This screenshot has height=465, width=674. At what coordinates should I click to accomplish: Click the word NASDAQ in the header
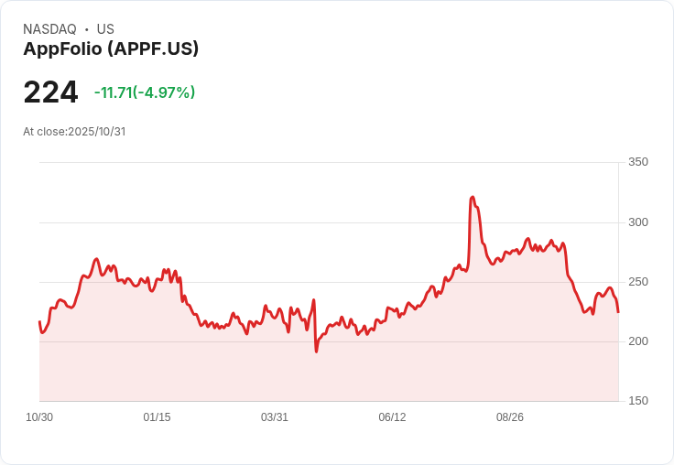tap(49, 29)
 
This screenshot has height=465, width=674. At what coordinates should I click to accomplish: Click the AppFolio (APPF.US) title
tap(111, 49)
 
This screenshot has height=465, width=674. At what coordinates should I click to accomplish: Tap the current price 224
tap(50, 92)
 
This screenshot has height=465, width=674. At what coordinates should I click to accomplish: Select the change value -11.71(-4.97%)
tap(145, 92)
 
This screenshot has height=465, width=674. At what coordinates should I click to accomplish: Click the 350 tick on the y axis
tap(637, 162)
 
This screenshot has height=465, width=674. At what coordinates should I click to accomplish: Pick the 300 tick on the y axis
tap(637, 222)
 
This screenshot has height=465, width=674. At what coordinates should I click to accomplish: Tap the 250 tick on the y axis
tap(637, 282)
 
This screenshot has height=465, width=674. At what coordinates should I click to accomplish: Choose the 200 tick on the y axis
tap(637, 341)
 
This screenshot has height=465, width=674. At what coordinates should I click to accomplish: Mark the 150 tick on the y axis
tap(637, 401)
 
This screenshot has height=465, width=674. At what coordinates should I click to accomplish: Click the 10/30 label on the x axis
tap(39, 417)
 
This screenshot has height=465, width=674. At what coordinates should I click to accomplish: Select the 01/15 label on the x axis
tap(157, 417)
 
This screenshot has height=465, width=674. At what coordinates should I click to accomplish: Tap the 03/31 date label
tap(275, 417)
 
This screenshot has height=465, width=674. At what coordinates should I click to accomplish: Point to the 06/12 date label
tap(392, 417)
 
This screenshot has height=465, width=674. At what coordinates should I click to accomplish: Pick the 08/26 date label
tap(510, 417)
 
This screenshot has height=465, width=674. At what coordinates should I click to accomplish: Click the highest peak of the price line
tap(473, 197)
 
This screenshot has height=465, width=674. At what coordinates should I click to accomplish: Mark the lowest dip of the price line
tap(316, 351)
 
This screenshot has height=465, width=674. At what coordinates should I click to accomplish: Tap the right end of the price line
tap(618, 312)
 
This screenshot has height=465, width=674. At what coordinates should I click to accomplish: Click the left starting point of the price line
tap(39, 321)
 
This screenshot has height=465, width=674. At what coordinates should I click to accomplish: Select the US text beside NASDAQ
tap(105, 29)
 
